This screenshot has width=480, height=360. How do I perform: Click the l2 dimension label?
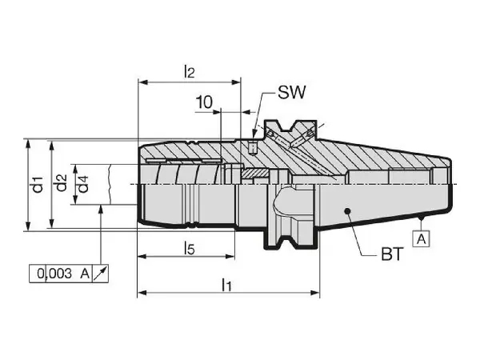(x=189, y=72)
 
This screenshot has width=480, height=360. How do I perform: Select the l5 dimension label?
(x=189, y=248)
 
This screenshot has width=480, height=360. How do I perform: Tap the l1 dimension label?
(x=226, y=285)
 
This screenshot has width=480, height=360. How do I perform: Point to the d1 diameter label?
(x=38, y=184)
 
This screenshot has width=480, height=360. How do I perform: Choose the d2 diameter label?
(x=62, y=182)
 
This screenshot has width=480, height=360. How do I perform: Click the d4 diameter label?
(x=83, y=184)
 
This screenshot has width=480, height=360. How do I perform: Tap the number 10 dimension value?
(x=203, y=102)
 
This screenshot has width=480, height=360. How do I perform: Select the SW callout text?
(x=292, y=92)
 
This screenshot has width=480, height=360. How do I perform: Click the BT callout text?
(x=393, y=254)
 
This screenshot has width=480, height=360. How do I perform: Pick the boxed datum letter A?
(x=422, y=238)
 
